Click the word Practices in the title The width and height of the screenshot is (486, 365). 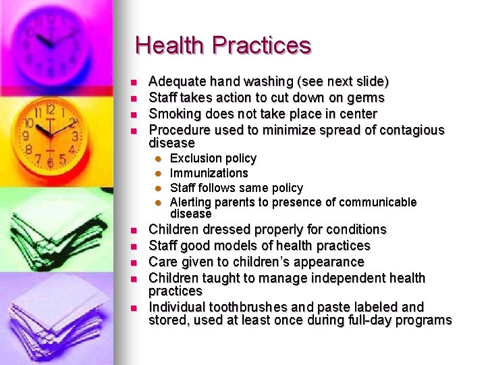(261, 45)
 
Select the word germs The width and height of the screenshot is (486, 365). (365, 98)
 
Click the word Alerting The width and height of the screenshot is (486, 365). (192, 202)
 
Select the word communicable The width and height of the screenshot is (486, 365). (378, 202)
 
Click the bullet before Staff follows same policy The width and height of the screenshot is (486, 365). (157, 188)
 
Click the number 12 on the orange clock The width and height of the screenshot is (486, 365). (50, 109)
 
